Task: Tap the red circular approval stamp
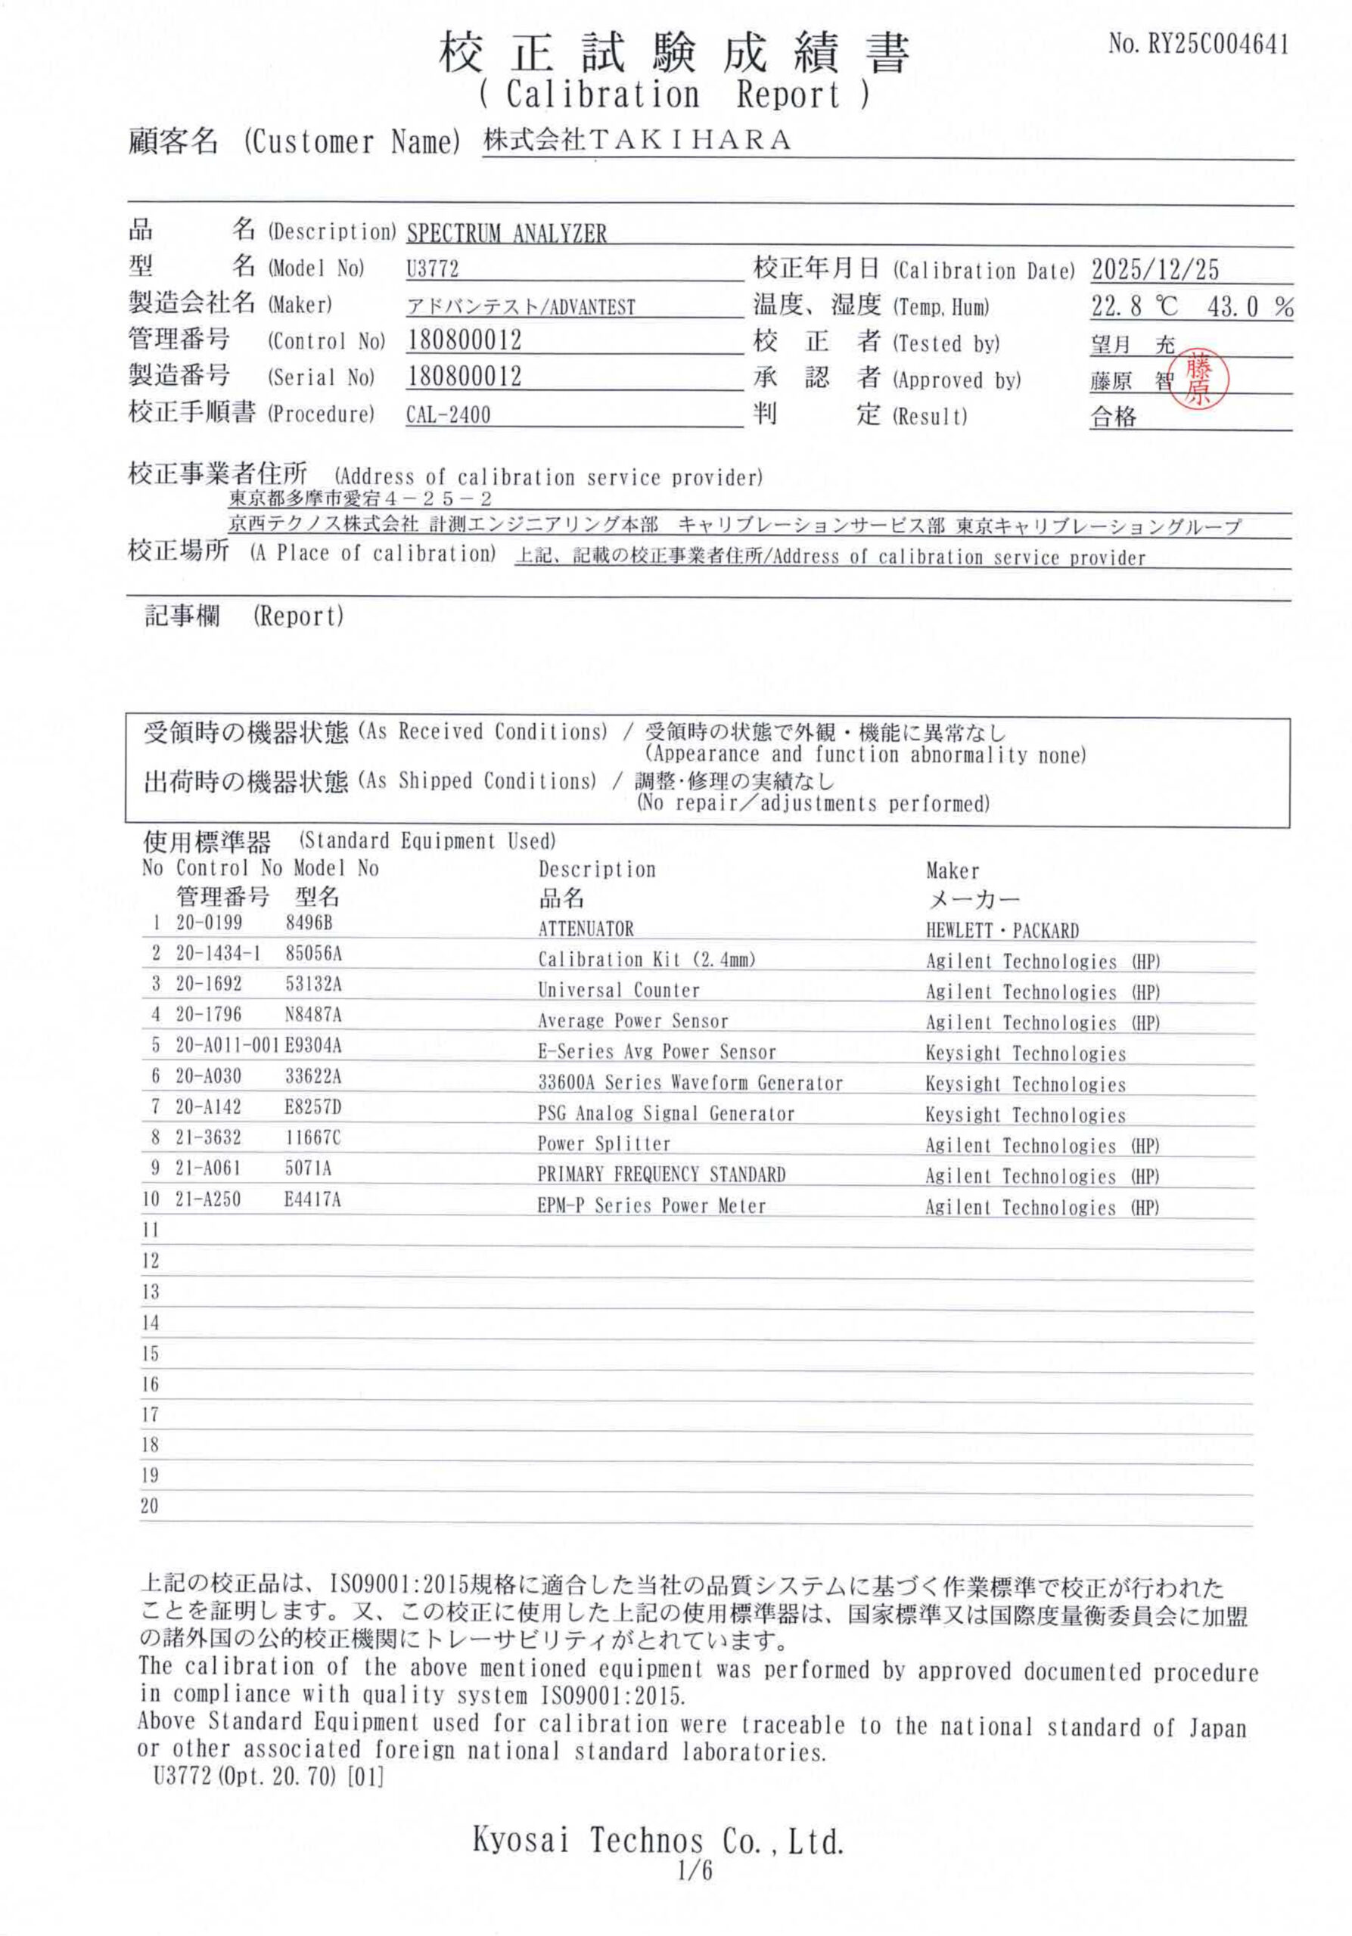[x=1198, y=380]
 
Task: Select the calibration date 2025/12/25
[x=1155, y=270]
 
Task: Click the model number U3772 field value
[x=432, y=269]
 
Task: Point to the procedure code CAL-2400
[x=448, y=415]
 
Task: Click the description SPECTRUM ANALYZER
[x=506, y=234]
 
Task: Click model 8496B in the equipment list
[x=309, y=923]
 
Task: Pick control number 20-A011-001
[x=227, y=1046]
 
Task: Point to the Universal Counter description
[x=618, y=990]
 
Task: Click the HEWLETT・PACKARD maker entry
[x=1001, y=931]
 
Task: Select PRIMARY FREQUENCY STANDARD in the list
[x=661, y=1174]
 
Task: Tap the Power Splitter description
[x=603, y=1143]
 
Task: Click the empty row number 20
[x=149, y=1506]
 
